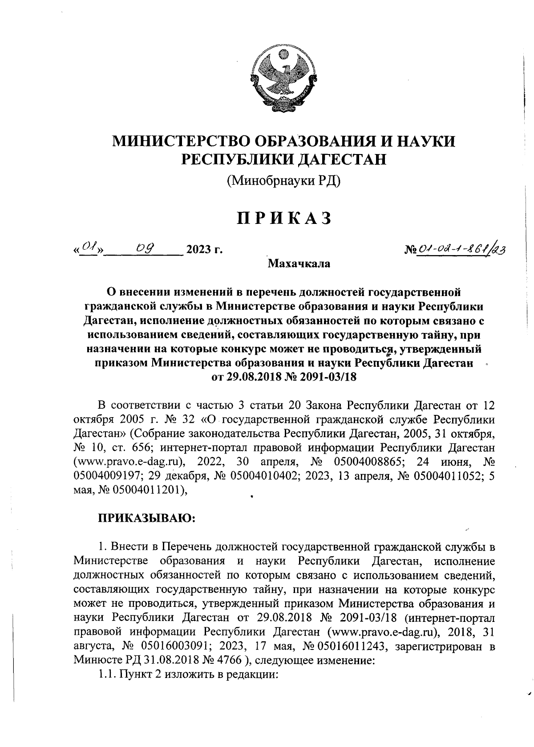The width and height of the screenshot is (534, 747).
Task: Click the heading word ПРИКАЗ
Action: [284, 218]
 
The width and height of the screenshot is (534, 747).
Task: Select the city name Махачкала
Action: [299, 264]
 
